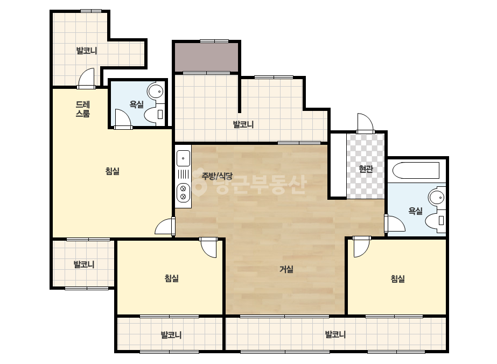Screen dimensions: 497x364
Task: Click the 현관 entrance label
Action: coord(366,169)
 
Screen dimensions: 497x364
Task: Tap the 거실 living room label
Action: coord(286,269)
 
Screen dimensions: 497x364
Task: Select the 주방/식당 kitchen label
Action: coord(217,176)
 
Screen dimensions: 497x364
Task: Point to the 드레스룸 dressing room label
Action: coord(83,109)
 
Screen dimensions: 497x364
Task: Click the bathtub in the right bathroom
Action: coord(416,171)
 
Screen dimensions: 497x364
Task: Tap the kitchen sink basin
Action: coord(183,158)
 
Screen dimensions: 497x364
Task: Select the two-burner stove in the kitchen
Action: coord(183,192)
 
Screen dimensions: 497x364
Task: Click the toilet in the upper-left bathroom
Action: coord(155,115)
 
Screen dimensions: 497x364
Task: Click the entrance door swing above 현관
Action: coord(365,123)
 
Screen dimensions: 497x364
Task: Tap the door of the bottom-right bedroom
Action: coord(361,247)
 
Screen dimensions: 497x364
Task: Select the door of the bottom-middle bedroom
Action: coord(208,247)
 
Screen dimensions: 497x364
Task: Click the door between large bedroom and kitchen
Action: coord(165,226)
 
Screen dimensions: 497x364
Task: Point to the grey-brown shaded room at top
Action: coord(206,58)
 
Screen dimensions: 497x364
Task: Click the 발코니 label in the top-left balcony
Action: coord(87,51)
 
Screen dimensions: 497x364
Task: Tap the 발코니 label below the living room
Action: coord(335,334)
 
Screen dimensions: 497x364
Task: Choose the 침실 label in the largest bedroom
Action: coord(113,171)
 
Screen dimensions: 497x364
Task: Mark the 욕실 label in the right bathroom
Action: coord(416,211)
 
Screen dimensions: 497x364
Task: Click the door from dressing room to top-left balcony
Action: coord(86,78)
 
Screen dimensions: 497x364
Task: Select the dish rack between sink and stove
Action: coord(183,174)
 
